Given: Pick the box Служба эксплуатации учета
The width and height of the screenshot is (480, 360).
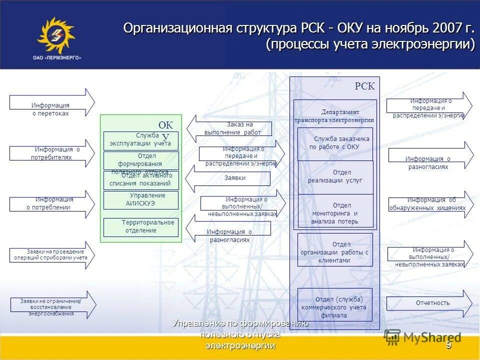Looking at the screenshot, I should coord(140,140).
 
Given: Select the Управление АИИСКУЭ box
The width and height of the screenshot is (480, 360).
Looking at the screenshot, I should coord(140,200).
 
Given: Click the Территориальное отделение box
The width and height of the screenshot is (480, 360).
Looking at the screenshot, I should coord(140,226).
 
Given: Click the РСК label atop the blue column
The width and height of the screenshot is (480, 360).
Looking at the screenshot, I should coord(364,86).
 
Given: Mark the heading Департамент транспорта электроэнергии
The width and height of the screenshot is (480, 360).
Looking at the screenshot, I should coord(334,116).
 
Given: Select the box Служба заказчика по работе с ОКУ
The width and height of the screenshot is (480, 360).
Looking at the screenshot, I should coord(335,143).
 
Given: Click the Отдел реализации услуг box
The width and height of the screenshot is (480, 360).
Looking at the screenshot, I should coord(335,177).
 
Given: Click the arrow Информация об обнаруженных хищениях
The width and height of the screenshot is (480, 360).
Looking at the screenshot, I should coord(430,204).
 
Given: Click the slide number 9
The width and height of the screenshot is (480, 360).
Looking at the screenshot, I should coord(448,345).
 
